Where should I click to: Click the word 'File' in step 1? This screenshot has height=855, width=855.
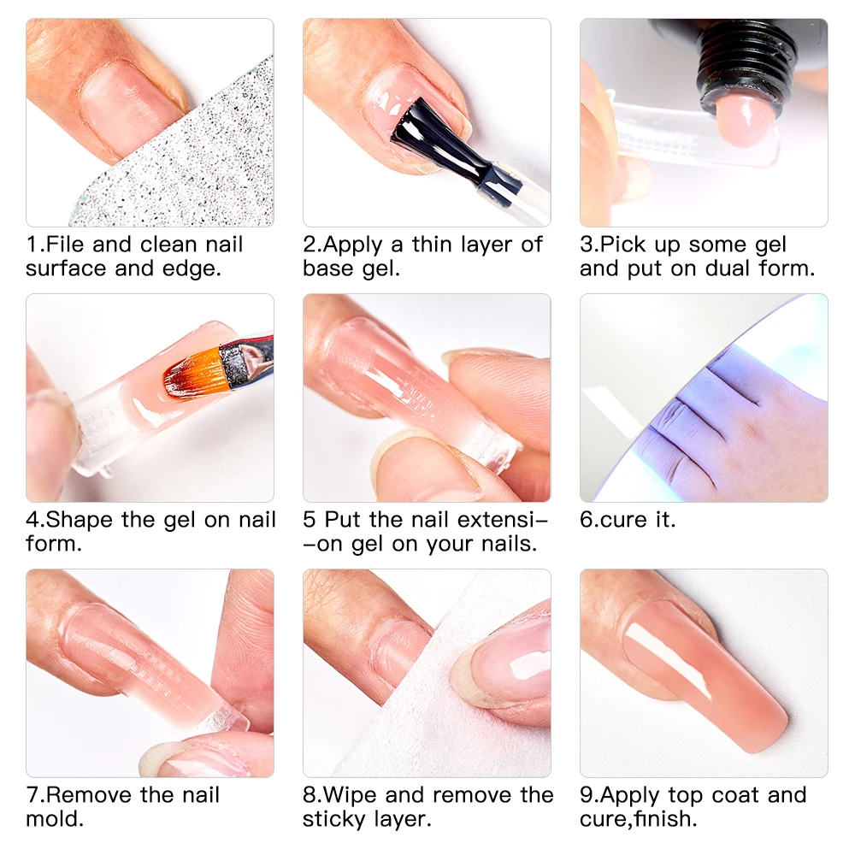coord(66,245)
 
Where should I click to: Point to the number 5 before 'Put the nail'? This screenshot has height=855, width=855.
coord(310,520)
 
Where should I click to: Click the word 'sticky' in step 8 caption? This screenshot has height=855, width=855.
coord(336,819)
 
